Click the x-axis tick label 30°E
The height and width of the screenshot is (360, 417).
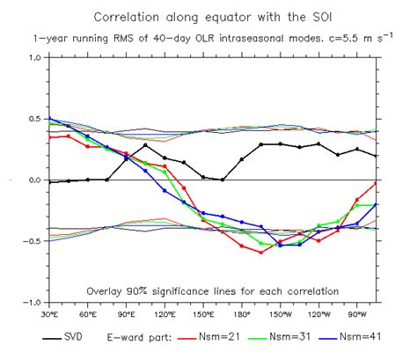49,313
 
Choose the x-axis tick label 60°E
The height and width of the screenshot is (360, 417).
87,313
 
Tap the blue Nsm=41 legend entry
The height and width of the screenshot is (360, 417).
365,335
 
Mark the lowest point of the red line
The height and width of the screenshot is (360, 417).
260,253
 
